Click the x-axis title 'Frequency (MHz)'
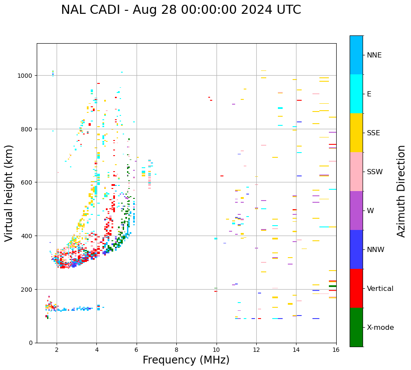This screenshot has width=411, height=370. point(186,360)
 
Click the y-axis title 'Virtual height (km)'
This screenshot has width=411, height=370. point(9,193)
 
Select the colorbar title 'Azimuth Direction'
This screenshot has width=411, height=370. point(401,191)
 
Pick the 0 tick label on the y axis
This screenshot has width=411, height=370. point(31,343)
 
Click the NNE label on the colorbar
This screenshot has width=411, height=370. point(374,55)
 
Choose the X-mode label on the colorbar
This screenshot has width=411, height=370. point(380,327)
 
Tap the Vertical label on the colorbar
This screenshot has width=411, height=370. point(380,288)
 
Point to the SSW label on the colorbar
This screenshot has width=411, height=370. point(375,172)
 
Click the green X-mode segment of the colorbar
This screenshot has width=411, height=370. point(356,327)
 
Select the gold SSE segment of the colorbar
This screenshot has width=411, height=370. point(356,133)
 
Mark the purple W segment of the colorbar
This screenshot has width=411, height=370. point(356,211)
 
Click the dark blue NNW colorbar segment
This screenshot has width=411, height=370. point(356,249)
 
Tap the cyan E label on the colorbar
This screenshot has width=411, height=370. point(369,94)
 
